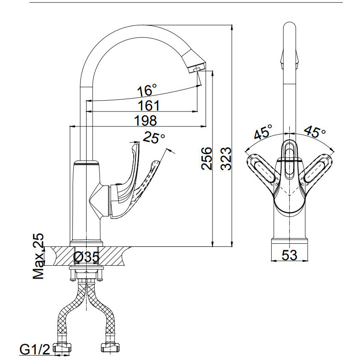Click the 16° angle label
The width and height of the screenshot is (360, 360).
click(147, 90)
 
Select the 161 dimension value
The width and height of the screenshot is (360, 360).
click(148, 105)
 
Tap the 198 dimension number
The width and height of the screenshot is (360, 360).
click(145, 121)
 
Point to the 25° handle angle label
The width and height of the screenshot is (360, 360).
click(154, 138)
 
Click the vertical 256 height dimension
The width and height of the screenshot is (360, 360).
click(207, 159)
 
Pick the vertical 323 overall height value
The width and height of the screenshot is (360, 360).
click(226, 159)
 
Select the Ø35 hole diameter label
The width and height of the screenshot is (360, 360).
click(86, 257)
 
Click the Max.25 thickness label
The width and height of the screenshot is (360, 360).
click(39, 257)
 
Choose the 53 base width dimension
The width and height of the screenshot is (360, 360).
click(289, 255)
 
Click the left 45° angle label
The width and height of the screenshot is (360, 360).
click(263, 132)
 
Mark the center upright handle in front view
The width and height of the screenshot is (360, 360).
click(290, 159)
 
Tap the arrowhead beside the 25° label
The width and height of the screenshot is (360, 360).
click(171, 150)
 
